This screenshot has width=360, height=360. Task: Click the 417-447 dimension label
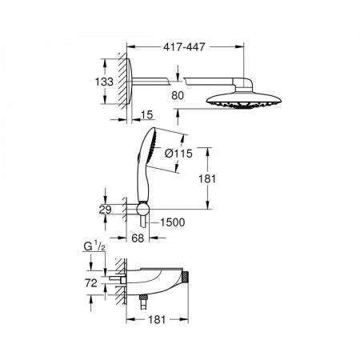click(184, 47)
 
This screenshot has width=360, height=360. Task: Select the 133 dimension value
click(104, 82)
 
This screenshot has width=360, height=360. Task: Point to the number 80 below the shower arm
click(178, 95)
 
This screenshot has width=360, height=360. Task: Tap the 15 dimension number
click(147, 115)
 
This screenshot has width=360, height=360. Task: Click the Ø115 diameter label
click(178, 154)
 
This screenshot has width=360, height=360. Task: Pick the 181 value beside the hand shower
click(207, 178)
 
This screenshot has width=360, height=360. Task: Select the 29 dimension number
click(105, 210)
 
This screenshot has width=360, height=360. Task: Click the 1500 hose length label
click(173, 222)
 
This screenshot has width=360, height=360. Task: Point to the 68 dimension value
click(138, 238)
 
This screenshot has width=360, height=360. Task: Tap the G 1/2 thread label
click(94, 246)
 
